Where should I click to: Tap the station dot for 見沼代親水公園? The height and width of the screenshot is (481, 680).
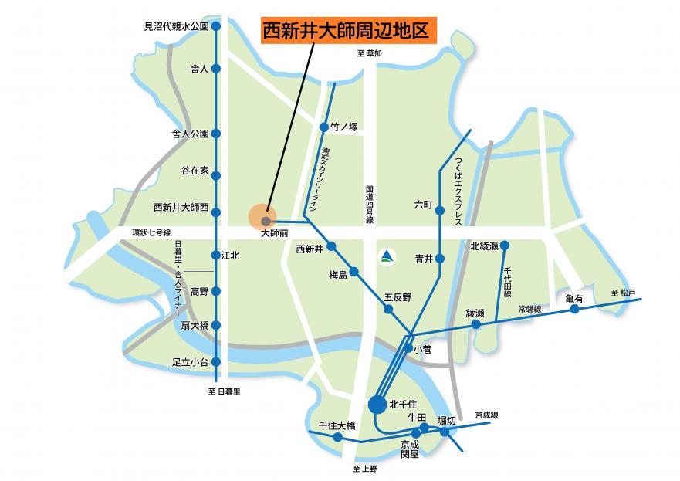[x=216, y=26]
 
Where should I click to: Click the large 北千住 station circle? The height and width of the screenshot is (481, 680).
[x=377, y=403]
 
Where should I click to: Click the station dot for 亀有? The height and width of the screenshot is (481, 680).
[x=574, y=310]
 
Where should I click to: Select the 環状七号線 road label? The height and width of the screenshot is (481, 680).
[x=151, y=232]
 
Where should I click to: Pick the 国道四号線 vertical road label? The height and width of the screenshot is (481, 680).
[x=370, y=205]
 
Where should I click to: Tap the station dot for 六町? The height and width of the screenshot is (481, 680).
[x=440, y=210]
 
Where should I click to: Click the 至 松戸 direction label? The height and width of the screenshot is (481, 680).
[x=623, y=293]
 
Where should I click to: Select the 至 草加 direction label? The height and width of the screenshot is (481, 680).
[x=370, y=53]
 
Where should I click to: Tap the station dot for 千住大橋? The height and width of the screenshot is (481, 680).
[x=338, y=437]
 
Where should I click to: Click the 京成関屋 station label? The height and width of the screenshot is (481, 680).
[x=409, y=449]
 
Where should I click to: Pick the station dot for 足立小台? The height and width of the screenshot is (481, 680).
[x=216, y=361]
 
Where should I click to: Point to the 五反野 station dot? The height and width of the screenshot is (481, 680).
[x=389, y=309]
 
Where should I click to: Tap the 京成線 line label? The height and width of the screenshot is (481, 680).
[x=487, y=415]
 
